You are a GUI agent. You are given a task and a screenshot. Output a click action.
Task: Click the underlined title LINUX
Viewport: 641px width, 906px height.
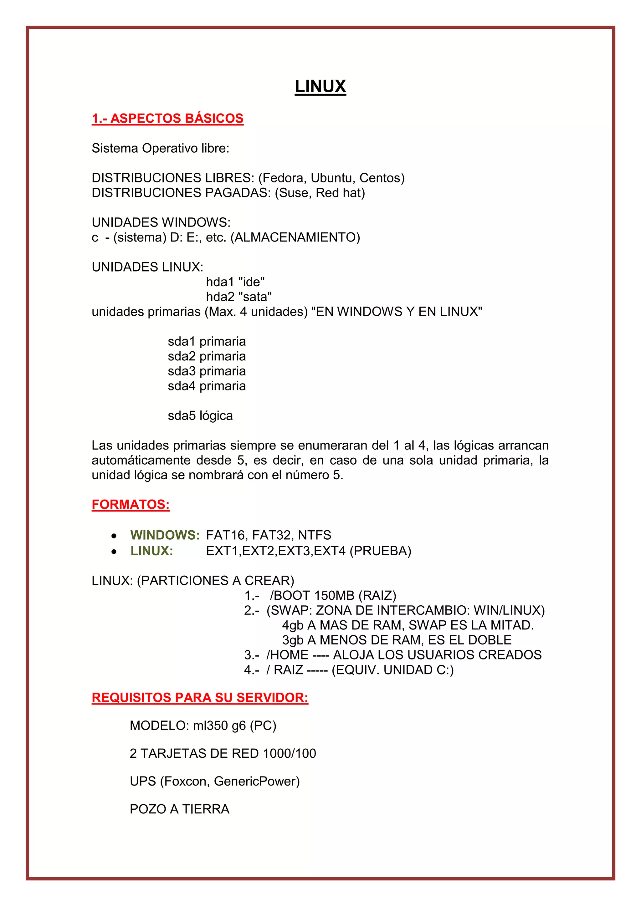point(320,86)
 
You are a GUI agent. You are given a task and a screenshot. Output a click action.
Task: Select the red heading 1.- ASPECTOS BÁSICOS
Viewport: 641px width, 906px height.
point(167,118)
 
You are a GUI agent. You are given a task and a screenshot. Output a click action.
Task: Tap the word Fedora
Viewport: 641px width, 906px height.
point(283,178)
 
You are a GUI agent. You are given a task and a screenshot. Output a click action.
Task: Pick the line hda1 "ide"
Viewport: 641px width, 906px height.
point(235,282)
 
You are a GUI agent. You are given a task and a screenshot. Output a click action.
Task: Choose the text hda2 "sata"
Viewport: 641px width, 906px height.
point(239,297)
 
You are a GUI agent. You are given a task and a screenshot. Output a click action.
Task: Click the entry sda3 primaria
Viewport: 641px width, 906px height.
point(207,371)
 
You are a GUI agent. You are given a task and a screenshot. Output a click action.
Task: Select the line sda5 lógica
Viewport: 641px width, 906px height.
point(200,416)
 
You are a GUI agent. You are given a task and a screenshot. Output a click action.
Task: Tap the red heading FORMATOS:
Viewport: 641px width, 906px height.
point(131,505)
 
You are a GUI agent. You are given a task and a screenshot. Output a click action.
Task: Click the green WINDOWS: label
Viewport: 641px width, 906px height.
point(165,535)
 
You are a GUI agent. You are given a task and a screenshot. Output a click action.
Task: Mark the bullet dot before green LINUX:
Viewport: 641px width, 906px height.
point(114,552)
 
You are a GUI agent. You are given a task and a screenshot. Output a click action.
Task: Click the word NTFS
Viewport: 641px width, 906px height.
point(314,535)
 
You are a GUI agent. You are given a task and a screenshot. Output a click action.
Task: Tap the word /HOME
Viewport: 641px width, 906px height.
point(287,655)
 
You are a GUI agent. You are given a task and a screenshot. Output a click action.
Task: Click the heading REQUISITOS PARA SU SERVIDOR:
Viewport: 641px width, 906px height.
point(200,698)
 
